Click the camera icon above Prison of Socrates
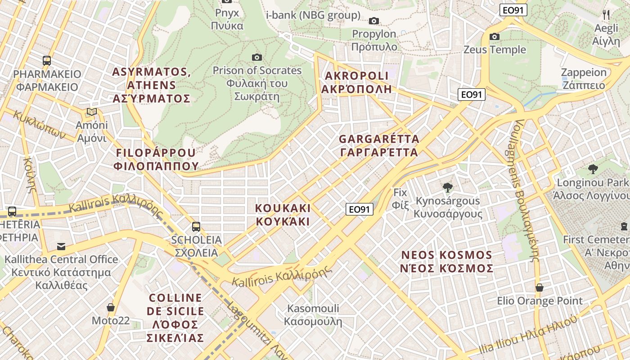pyautogui.click(x=257, y=57)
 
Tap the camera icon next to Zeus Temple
pyautogui.click(x=495, y=36)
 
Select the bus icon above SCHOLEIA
pyautogui.click(x=196, y=226)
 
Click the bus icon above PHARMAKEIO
pyautogui.click(x=46, y=60)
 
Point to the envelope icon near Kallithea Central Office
pyautogui.click(x=61, y=246)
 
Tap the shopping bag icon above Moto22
pyautogui.click(x=111, y=307)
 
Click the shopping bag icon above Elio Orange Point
pyautogui.click(x=539, y=288)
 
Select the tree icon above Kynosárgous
pyautogui.click(x=447, y=187)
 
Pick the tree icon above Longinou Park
pyautogui.click(x=593, y=169)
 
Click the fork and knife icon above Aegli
pyautogui.click(x=606, y=15)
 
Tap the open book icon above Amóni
pyautogui.click(x=92, y=112)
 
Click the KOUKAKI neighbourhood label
pyautogui.click(x=283, y=215)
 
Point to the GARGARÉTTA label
pyautogui.click(x=379, y=145)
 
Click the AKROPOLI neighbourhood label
pyautogui.click(x=356, y=82)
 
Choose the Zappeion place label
pyautogui.click(x=584, y=79)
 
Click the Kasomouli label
pyautogui.click(x=313, y=315)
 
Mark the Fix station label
pyautogui.click(x=400, y=198)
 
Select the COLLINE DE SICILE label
pyautogui.click(x=175, y=318)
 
